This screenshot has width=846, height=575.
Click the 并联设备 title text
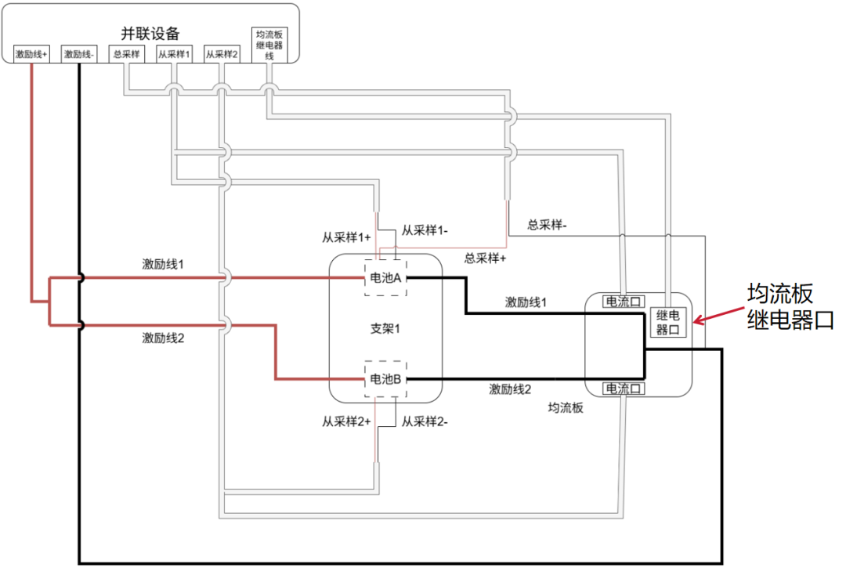point(150,34)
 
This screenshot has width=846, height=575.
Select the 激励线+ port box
point(31,54)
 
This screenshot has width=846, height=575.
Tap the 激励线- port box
point(79,54)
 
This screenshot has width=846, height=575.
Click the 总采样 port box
point(126,54)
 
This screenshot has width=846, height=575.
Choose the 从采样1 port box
point(174,54)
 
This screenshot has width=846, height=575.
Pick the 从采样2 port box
point(221,54)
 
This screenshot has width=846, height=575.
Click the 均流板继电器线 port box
point(269,45)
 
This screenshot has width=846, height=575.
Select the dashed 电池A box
point(385,278)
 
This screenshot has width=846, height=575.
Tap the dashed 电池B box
point(385,378)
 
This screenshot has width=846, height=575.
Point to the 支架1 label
point(385,328)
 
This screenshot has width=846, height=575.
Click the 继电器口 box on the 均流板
point(668,322)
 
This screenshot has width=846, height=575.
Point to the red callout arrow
point(718,316)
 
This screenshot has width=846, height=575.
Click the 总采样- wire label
point(547,225)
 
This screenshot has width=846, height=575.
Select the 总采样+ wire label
point(485,259)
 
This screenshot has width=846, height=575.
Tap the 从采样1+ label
point(346,237)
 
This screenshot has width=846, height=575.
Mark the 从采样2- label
point(424,421)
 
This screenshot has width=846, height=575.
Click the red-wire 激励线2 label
point(163,338)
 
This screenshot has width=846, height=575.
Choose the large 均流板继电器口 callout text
point(790,307)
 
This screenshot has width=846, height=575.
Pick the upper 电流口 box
point(624,302)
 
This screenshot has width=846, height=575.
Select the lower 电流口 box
point(624,389)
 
